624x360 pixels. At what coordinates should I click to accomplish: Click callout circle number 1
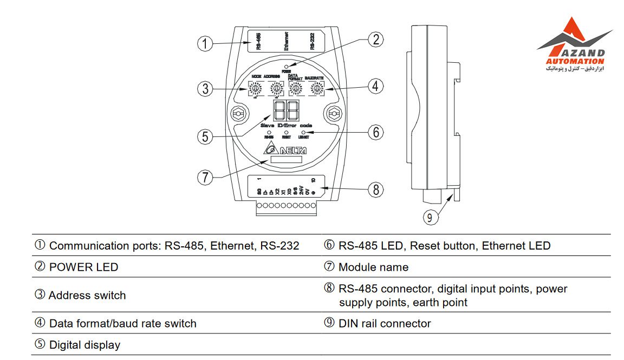pos(204,43)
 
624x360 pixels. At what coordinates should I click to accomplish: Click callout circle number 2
pos(375,40)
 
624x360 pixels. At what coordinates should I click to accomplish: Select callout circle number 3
pos(205,88)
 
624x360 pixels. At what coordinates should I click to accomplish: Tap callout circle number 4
pos(375,86)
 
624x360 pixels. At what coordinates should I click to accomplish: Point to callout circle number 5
pos(204,136)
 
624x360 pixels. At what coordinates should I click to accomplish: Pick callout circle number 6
pos(375,132)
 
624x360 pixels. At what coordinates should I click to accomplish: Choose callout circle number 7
pos(204,176)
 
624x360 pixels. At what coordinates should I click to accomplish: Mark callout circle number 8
pos(375,189)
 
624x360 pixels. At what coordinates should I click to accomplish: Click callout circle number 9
pos(430,217)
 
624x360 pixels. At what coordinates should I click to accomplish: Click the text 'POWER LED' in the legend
pos(83,267)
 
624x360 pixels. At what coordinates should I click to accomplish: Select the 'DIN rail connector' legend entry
pos(384,323)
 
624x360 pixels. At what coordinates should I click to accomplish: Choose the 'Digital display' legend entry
pos(84,345)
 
